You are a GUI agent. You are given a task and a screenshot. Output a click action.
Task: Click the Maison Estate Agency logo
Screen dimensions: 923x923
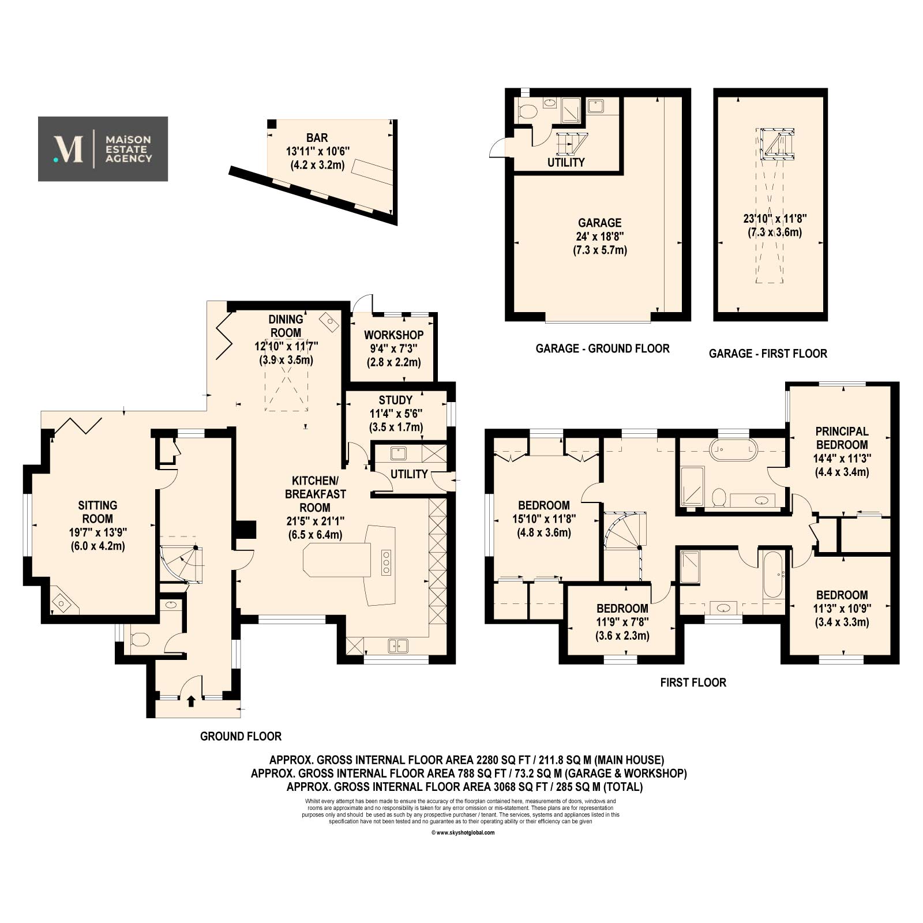click(x=103, y=149)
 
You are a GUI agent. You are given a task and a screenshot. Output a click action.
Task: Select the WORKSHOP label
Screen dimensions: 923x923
click(x=394, y=335)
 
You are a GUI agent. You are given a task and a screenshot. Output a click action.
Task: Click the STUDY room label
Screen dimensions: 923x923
click(x=396, y=400)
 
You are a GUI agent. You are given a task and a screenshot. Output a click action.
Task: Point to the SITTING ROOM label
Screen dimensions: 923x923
click(x=97, y=512)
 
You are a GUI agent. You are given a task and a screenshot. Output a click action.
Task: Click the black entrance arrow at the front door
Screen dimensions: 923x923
click(x=191, y=700)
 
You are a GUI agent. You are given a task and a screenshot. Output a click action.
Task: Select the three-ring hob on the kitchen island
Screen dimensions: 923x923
click(x=386, y=562)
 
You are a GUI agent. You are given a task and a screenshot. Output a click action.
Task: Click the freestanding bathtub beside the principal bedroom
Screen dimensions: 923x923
click(x=733, y=449)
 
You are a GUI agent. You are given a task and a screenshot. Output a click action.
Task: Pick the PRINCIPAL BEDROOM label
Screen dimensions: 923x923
click(x=842, y=438)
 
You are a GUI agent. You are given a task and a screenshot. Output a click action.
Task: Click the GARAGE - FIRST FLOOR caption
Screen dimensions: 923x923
click(x=768, y=354)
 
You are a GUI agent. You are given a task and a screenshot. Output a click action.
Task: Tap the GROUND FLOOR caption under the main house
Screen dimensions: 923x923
click(x=241, y=737)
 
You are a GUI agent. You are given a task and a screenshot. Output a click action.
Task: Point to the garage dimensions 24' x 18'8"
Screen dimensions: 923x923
click(x=600, y=237)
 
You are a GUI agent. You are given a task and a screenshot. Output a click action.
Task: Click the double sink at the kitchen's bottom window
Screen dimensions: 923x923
click(x=398, y=646)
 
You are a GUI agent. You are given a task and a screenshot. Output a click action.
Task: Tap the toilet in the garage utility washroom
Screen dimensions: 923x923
click(x=527, y=111)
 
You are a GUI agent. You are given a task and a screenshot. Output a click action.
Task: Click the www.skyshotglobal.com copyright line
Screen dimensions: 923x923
click(x=463, y=832)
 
